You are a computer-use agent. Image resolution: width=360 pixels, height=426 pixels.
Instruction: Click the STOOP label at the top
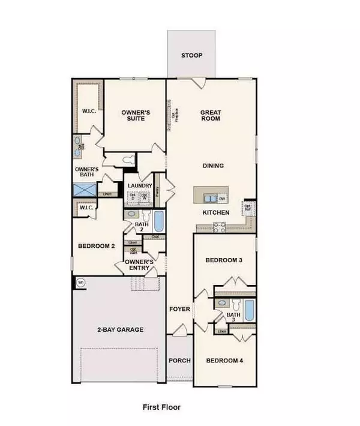pyautogui.click(x=192, y=56)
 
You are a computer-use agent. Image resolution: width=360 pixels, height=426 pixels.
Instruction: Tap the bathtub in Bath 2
pyautogui.click(x=158, y=221)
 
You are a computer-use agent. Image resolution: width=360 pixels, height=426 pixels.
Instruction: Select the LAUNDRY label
pyautogui.click(x=139, y=186)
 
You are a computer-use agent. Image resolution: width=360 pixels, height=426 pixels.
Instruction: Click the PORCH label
pyautogui.click(x=179, y=360)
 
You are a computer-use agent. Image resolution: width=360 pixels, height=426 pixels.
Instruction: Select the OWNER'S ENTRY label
pyautogui.click(x=139, y=265)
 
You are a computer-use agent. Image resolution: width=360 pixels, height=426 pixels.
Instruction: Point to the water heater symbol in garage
pyautogui.click(x=80, y=281)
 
